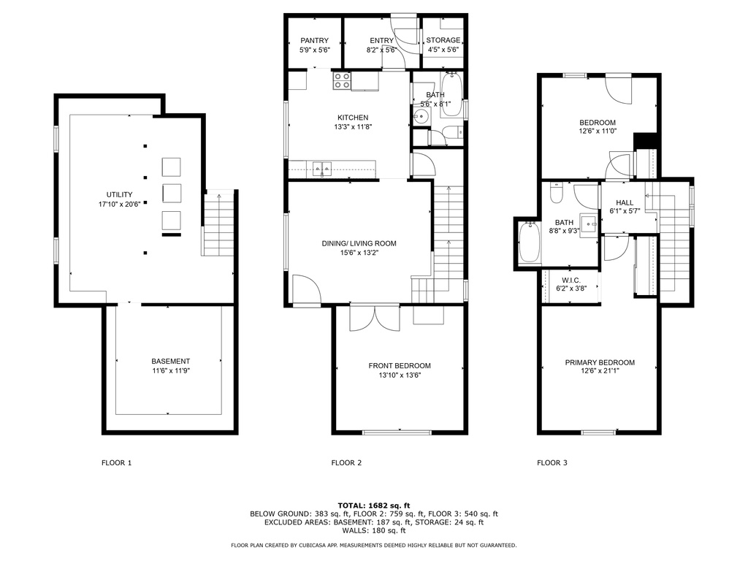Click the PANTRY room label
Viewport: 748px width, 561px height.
click(314, 41)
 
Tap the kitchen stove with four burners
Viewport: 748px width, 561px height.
click(342, 80)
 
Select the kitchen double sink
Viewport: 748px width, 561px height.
click(322, 168)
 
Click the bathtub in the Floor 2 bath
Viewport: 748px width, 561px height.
click(450, 94)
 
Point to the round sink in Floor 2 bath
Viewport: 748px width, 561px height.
click(421, 116)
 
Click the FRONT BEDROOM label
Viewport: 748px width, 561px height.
click(400, 366)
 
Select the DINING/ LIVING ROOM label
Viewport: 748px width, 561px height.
click(359, 243)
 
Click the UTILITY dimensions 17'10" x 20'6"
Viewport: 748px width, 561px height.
click(119, 205)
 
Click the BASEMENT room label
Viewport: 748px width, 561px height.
click(171, 361)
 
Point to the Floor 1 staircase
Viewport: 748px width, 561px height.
click(219, 224)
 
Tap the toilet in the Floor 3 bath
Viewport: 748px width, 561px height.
click(557, 193)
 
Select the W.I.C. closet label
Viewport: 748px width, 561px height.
click(571, 280)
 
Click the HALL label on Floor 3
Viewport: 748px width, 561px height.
click(625, 202)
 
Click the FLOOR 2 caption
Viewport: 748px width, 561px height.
click(346, 462)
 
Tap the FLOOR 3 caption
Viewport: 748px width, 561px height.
click(552, 462)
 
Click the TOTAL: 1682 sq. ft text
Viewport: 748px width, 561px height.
click(374, 505)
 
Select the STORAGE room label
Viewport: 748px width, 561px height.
click(443, 40)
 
